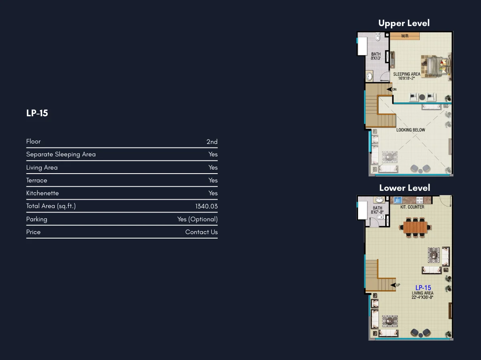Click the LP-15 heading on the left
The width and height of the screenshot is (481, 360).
click(x=37, y=113)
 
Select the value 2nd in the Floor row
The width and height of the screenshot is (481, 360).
click(x=212, y=142)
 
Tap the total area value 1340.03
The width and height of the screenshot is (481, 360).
click(x=206, y=206)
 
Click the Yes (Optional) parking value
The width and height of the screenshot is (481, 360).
click(x=198, y=219)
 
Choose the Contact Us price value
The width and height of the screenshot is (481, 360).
click(x=201, y=232)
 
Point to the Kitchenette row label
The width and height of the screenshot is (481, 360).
click(x=42, y=193)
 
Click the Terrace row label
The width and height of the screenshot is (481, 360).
click(x=36, y=180)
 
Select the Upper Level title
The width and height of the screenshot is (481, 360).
click(x=404, y=23)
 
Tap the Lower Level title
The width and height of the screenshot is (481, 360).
click(x=404, y=188)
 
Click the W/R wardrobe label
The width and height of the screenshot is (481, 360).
click(x=405, y=36)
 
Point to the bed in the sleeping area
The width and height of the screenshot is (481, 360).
click(x=436, y=66)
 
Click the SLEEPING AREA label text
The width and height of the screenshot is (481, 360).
click(x=407, y=74)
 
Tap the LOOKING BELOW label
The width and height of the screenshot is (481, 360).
click(x=411, y=130)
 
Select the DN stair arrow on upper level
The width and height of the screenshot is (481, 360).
click(x=389, y=89)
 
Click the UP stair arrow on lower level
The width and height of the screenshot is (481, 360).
click(x=393, y=285)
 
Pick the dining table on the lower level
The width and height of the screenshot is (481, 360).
click(x=415, y=227)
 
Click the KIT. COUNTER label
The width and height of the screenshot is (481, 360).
click(x=412, y=207)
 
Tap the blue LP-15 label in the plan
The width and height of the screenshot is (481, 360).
click(x=423, y=288)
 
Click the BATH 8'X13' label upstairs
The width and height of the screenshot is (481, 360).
click(x=376, y=56)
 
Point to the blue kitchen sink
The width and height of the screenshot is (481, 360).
click(x=398, y=200)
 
